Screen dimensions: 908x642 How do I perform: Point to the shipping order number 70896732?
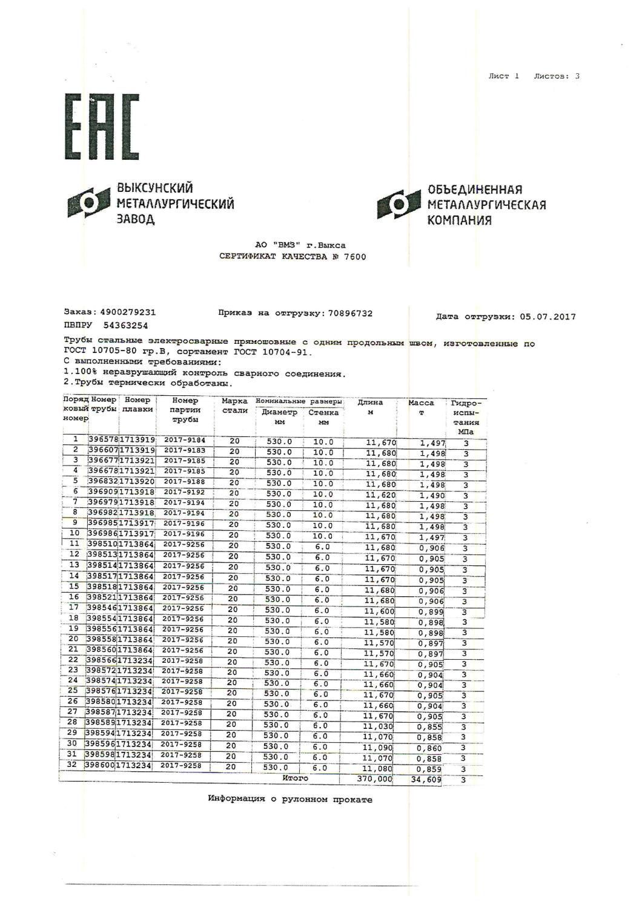(x=349, y=314)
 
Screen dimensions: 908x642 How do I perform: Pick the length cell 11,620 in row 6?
(x=380, y=495)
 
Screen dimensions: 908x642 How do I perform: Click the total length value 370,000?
(x=375, y=779)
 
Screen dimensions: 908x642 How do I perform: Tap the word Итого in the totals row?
(x=295, y=778)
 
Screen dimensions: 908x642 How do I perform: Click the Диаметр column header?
(x=279, y=413)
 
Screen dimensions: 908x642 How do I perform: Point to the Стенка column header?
(x=323, y=413)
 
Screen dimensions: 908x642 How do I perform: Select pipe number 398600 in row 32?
(x=100, y=766)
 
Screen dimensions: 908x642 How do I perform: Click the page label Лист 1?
(x=503, y=76)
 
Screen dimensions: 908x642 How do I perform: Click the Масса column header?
(x=422, y=403)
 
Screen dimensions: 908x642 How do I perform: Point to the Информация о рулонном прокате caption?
(x=290, y=799)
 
